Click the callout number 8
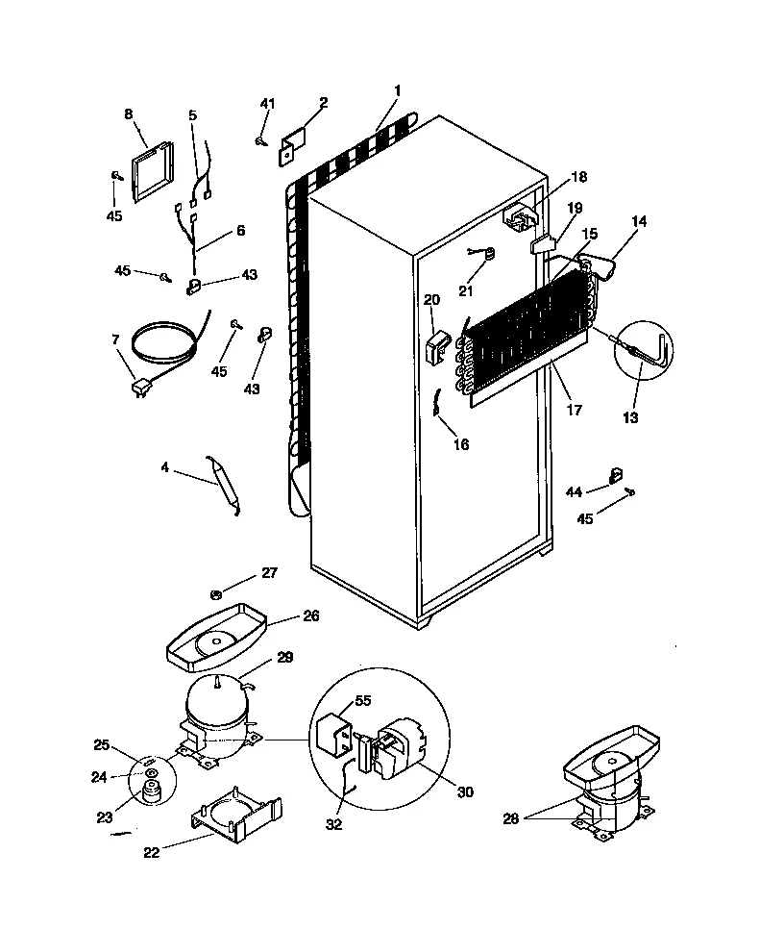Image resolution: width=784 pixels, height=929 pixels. pos(129,113)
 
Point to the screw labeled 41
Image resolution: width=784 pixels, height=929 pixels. pos(261,141)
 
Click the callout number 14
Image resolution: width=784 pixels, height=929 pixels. pos(639,221)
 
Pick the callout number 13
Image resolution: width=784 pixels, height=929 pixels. pos(630,417)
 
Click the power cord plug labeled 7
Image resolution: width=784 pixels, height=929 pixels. pos(142,388)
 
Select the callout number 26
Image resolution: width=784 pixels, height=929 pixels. pos(310,615)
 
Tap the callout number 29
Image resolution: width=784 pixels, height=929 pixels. pos(285,657)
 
